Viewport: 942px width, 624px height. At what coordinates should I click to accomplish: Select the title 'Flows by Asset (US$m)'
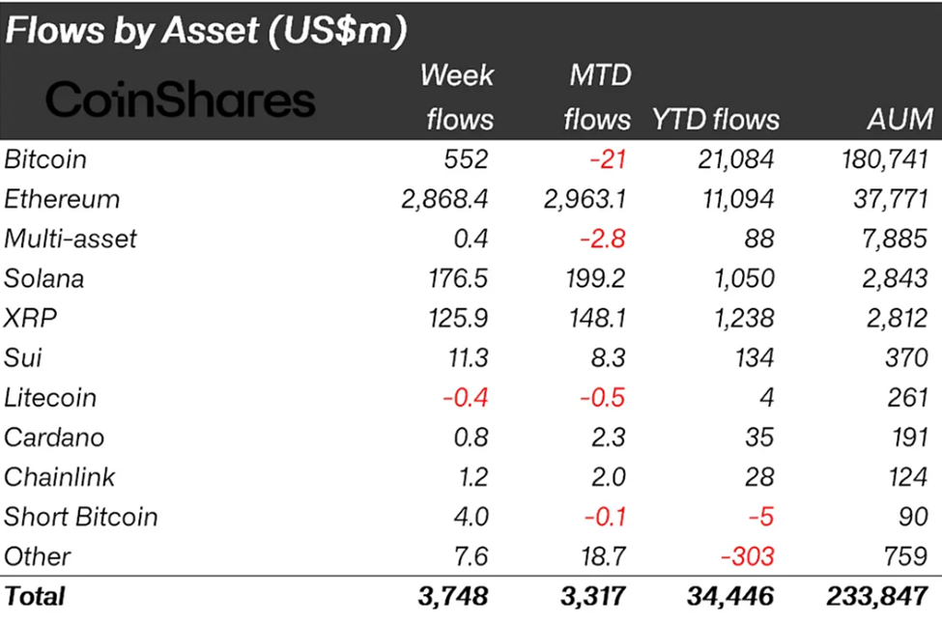click(x=205, y=30)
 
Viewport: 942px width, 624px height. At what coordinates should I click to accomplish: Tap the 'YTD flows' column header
click(x=715, y=119)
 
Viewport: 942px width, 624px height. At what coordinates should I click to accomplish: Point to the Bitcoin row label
click(x=45, y=159)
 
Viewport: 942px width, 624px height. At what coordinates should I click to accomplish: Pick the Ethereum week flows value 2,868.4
click(x=443, y=199)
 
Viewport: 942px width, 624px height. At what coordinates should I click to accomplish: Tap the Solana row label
click(x=43, y=278)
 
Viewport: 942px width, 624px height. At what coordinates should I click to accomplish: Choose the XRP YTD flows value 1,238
click(x=743, y=318)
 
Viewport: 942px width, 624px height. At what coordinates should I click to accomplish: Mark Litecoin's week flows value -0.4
click(x=466, y=398)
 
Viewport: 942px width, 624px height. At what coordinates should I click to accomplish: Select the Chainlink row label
click(x=59, y=477)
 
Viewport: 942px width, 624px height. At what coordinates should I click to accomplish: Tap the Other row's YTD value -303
click(x=748, y=556)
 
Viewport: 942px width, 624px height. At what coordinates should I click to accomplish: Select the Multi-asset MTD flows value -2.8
click(x=604, y=239)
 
